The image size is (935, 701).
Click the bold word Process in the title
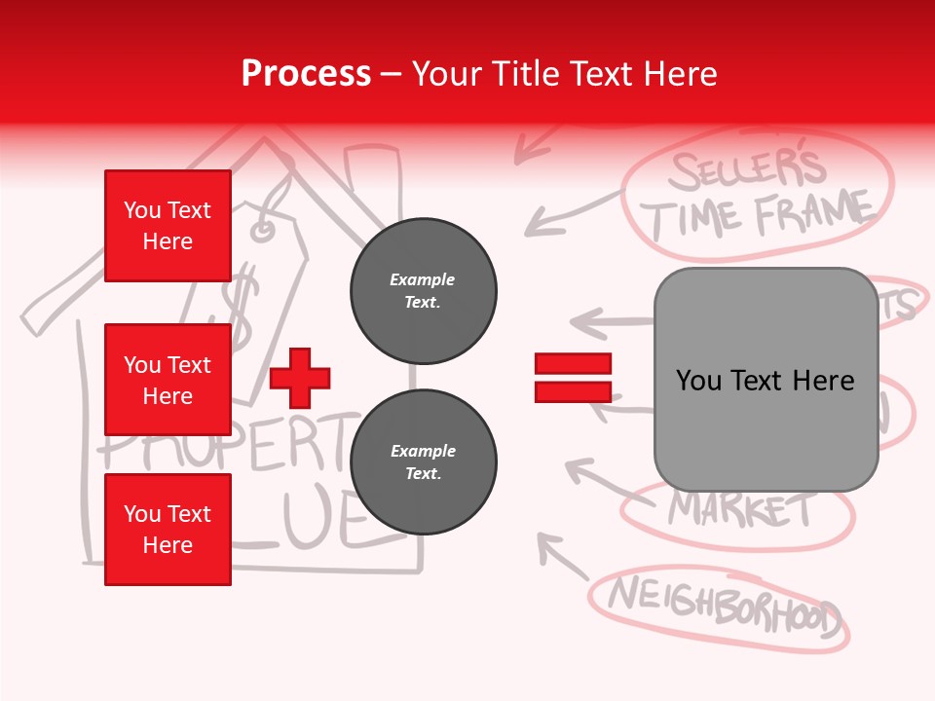306,73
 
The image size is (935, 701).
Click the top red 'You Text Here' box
168,226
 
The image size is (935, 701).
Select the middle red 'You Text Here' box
168,380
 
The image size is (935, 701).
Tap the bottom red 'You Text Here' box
168,529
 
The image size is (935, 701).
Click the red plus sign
300,378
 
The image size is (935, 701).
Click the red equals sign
573,378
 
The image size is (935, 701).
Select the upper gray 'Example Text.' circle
423,290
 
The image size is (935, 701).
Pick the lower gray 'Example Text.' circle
423,461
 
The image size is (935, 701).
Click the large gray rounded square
766,380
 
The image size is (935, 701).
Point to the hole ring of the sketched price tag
262,231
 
